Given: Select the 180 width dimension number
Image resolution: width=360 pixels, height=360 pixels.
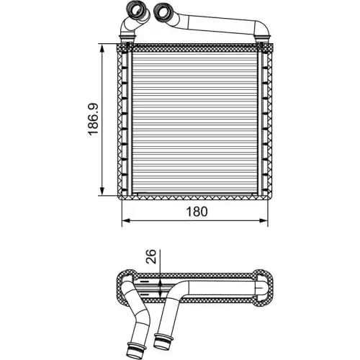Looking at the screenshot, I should (x=197, y=212).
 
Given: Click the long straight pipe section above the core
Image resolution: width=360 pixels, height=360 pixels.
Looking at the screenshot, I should (x=216, y=29).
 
